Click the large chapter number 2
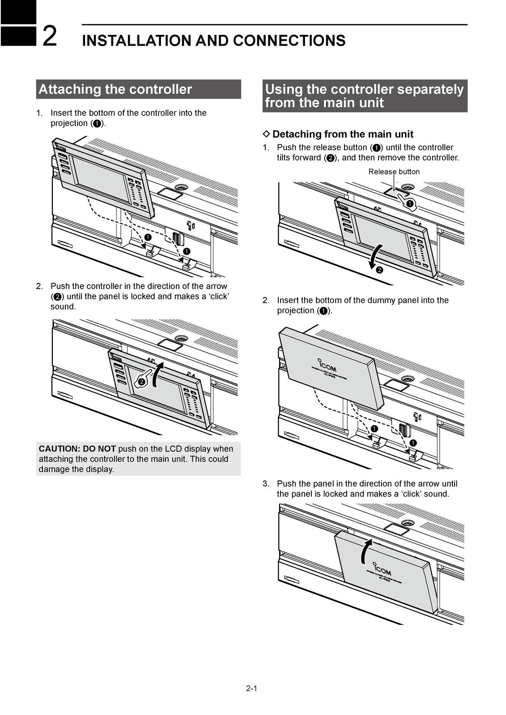click(x=50, y=37)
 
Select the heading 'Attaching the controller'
click(x=115, y=89)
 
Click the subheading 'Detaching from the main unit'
click(x=343, y=134)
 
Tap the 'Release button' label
click(x=394, y=172)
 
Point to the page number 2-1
click(x=251, y=688)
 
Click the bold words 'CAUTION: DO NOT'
click(x=77, y=449)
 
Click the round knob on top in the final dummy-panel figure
click(x=407, y=523)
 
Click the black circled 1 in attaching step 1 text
click(x=97, y=124)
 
